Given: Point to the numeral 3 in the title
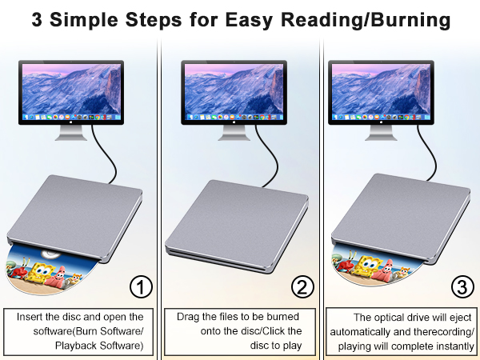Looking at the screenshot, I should click(x=38, y=20).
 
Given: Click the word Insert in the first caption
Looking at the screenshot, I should click(x=32, y=317).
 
